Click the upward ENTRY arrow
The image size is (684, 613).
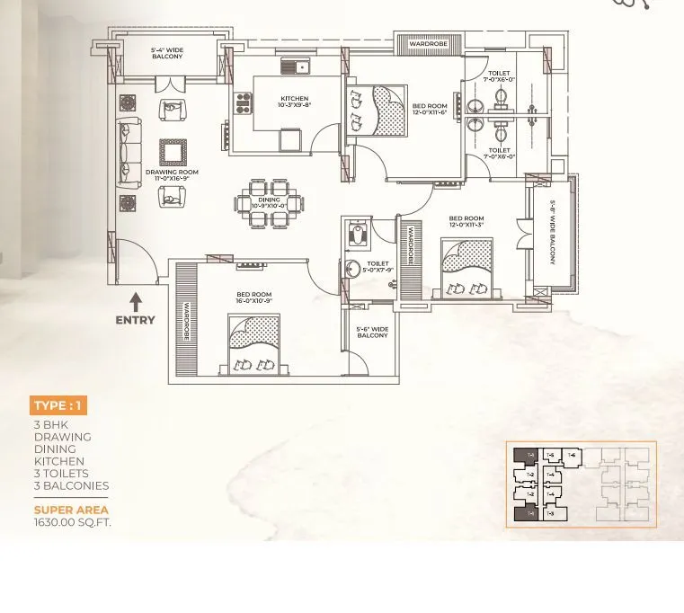pyautogui.click(x=136, y=302)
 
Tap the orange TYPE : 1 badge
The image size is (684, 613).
pyautogui.click(x=58, y=405)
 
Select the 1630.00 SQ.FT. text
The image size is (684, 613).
pyautogui.click(x=73, y=522)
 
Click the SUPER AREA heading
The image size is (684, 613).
pyautogui.click(x=71, y=510)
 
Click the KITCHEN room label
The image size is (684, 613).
pyautogui.click(x=294, y=102)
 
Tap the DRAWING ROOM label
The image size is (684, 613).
pyautogui.click(x=172, y=175)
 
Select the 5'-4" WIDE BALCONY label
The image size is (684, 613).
pyautogui.click(x=167, y=53)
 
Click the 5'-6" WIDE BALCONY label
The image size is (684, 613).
pyautogui.click(x=372, y=333)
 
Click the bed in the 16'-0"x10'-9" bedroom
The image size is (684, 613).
pyautogui.click(x=253, y=344)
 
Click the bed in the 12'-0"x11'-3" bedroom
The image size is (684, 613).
pyautogui.click(x=466, y=269)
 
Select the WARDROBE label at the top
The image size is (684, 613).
pyautogui.click(x=428, y=44)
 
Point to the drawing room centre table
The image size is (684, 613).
pyautogui.click(x=173, y=152)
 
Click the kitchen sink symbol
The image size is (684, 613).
pyautogui.click(x=296, y=67)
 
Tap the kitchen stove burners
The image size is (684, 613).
pyautogui.click(x=242, y=104)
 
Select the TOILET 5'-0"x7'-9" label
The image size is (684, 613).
pyautogui.click(x=378, y=267)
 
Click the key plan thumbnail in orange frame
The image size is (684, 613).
pyautogui.click(x=581, y=484)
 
